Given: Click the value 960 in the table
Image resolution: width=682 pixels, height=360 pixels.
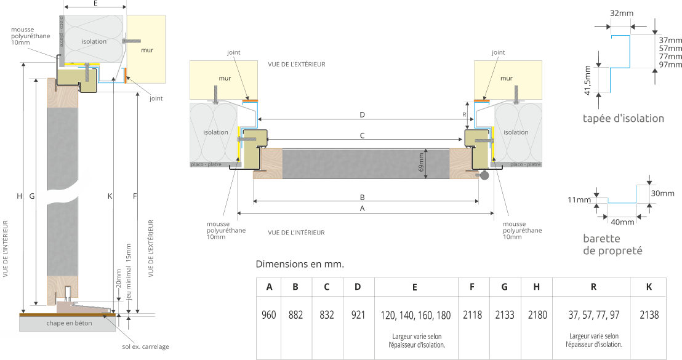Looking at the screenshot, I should pyautogui.click(x=268, y=315).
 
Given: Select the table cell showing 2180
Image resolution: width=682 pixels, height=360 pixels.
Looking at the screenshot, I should pyautogui.click(x=537, y=315).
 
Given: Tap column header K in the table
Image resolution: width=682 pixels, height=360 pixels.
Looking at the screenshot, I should pyautogui.click(x=649, y=287).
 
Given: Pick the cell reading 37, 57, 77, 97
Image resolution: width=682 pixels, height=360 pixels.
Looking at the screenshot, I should pyautogui.click(x=593, y=315).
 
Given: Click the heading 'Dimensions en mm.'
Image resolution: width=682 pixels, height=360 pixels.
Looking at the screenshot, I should pyautogui.click(x=300, y=265).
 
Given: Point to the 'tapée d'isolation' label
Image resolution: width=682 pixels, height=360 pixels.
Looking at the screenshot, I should pyautogui.click(x=624, y=119).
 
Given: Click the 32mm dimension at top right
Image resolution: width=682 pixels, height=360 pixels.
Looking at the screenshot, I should pyautogui.click(x=622, y=13).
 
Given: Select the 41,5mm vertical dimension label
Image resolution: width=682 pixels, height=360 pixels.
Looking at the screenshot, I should pyautogui.click(x=588, y=81).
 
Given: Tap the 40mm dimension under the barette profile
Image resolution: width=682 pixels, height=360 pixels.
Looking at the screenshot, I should pyautogui.click(x=622, y=222).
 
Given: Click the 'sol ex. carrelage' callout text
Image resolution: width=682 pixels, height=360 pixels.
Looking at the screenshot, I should pyautogui.click(x=145, y=347).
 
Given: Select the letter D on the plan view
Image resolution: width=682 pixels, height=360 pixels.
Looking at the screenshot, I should pyautogui.click(x=362, y=115).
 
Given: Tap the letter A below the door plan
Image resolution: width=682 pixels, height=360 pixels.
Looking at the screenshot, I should pyautogui.click(x=362, y=209).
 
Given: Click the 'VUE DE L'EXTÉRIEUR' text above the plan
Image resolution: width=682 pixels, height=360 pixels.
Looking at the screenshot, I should pyautogui.click(x=296, y=64).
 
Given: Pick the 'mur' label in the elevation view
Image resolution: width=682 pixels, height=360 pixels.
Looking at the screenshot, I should pyautogui.click(x=146, y=50).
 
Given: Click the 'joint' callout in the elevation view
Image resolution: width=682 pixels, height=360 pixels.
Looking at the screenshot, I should pyautogui.click(x=156, y=98).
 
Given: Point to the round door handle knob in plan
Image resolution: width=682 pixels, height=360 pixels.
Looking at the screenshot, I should pyautogui.click(x=484, y=175).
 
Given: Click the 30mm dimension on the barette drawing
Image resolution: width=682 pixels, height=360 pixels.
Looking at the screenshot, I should pyautogui.click(x=663, y=194).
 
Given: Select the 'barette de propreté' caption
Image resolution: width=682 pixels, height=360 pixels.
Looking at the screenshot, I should pyautogui.click(x=612, y=245).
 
